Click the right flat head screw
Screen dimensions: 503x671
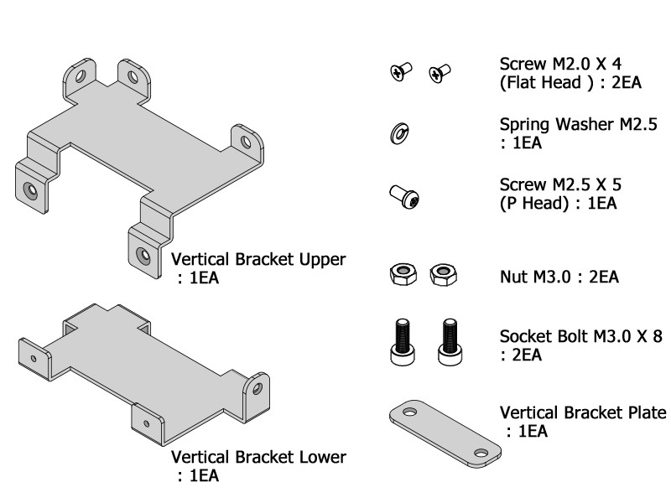[x=440, y=74]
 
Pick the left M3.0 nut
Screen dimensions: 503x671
[x=402, y=274]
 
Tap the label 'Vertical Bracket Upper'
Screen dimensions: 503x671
[x=258, y=259]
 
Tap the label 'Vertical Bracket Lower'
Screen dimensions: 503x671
[x=258, y=458]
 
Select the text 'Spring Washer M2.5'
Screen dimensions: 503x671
[x=578, y=126]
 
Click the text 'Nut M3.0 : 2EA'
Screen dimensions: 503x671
[x=559, y=276]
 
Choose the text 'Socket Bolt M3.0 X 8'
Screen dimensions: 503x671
[x=581, y=337]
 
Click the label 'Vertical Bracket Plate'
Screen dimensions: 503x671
[x=583, y=413]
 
